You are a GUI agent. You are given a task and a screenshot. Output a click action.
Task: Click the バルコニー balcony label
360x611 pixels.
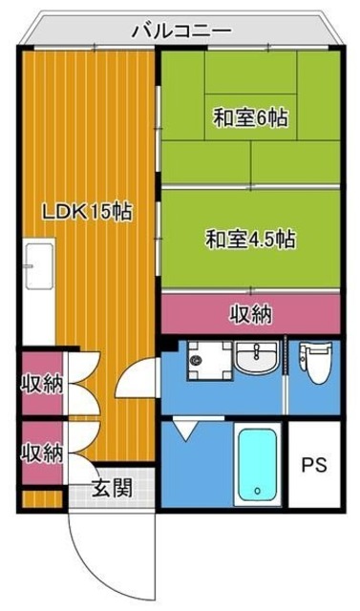tap(180, 30)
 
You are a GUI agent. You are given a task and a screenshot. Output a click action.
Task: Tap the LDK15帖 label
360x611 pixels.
tap(86, 213)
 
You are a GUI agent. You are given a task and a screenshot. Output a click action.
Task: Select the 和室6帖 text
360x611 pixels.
tap(250, 118)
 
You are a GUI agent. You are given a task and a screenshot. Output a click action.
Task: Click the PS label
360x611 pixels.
tap(314, 466)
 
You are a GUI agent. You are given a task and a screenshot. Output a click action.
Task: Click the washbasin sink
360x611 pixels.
tap(256, 361)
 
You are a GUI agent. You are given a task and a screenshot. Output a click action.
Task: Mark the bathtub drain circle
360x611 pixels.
tap(257, 493)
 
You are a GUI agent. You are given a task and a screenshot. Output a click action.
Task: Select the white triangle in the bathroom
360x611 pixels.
tap(184, 432)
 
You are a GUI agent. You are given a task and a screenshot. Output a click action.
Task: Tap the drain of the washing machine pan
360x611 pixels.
tap(196, 362)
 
